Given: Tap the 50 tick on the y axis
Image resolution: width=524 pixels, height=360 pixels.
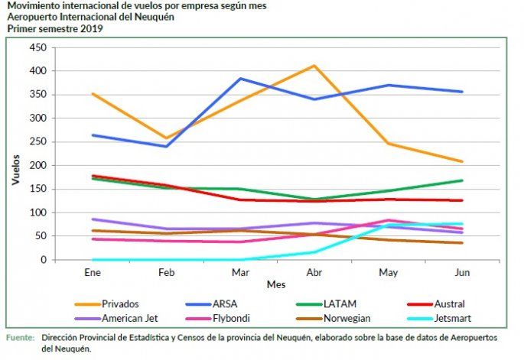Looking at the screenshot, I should [42, 236].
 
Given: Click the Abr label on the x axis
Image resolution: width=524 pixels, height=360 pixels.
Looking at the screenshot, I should [314, 271].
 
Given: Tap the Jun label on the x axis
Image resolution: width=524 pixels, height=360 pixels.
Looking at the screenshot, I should [462, 271].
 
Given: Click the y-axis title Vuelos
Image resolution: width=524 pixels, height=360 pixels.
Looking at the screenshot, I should [15, 171].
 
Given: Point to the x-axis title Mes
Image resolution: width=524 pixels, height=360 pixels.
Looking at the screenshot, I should [275, 284].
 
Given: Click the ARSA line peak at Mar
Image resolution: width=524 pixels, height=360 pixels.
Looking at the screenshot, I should [240, 79].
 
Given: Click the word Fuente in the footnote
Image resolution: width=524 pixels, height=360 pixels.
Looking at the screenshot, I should [21, 336].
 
